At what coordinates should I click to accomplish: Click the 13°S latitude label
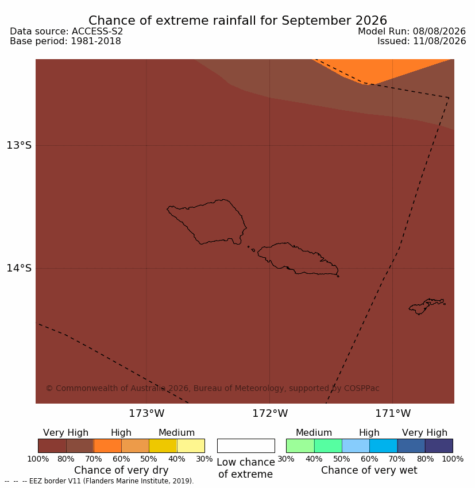coord(19,145)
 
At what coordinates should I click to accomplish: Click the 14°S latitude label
coord(19,268)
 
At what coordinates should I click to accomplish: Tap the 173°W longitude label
coord(146,413)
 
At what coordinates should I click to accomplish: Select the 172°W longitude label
coord(269,413)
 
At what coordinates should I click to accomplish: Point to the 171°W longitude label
coord(392,413)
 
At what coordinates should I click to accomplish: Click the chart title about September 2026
coord(238,21)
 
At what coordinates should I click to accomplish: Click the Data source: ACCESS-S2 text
coord(66,32)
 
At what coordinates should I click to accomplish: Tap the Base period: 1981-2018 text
coord(65,41)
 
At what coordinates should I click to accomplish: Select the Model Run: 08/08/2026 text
coord(411,32)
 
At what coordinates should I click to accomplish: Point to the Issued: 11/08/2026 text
coord(422,41)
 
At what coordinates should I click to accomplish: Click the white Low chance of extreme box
coord(246,446)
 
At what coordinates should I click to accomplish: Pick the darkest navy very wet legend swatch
coord(439,446)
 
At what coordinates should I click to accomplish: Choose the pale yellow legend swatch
coord(191,446)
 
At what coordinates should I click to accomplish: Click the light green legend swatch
coord(300,446)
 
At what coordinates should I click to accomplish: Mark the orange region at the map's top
coord(381,71)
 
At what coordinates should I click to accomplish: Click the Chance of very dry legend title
coord(121,470)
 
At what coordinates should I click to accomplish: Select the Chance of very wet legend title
coord(369,470)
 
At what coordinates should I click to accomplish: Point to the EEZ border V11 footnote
coord(99,481)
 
